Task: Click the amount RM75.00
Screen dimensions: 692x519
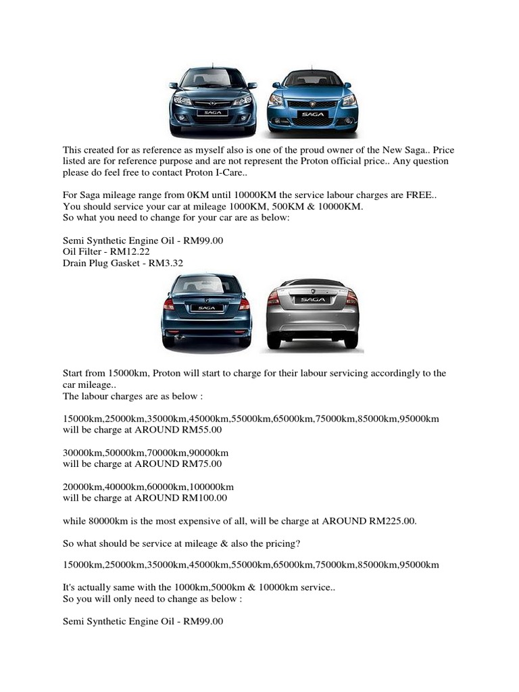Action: (200, 464)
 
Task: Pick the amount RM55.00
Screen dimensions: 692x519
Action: (200, 430)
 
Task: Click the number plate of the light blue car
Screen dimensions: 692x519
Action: (313, 116)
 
